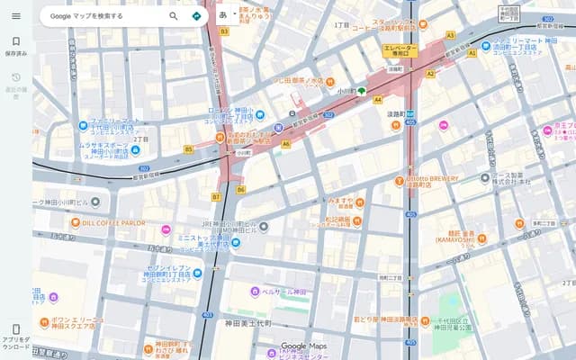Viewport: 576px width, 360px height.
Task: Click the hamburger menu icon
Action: [x=15, y=16]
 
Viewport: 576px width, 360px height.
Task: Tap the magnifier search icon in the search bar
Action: [x=174, y=16]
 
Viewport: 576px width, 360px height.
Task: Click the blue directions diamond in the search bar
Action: [x=196, y=16]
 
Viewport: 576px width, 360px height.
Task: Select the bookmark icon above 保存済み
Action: [x=15, y=41]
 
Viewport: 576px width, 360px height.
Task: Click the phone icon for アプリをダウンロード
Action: [x=15, y=329]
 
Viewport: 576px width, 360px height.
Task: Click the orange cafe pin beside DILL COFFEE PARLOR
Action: [x=76, y=222]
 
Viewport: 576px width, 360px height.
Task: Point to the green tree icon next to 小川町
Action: [x=362, y=91]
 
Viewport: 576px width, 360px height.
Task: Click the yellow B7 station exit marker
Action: [x=216, y=196]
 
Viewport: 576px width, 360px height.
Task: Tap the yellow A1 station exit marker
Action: [x=472, y=53]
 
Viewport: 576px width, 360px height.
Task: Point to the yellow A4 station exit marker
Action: [x=378, y=99]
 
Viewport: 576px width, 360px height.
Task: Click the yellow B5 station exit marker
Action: [x=189, y=148]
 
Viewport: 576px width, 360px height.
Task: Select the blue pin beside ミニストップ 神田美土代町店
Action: [x=235, y=242]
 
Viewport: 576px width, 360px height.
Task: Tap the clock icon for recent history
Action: [x=15, y=78]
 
